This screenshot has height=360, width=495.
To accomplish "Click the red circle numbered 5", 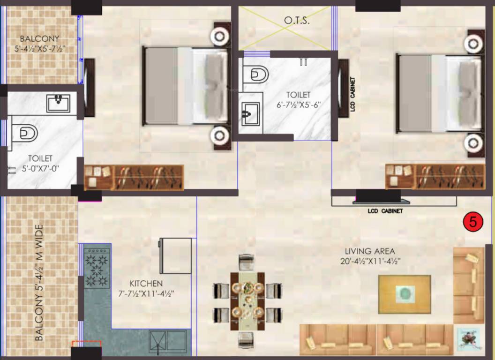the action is coord(473,222).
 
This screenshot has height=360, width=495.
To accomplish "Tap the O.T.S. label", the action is coord(297,21).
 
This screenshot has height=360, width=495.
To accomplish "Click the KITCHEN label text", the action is coord(146,283).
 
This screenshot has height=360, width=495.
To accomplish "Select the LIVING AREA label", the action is coord(370,251).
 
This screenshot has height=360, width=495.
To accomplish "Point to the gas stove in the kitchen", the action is coord(97,268).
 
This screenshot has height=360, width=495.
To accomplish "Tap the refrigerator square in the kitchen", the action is coord(175,256).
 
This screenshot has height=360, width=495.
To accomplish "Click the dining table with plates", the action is coord(247,301).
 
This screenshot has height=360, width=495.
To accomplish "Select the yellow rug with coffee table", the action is coord(405,294).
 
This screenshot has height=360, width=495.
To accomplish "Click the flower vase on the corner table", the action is coord(469,338).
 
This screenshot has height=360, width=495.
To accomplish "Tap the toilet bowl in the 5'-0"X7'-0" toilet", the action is coord(25,133).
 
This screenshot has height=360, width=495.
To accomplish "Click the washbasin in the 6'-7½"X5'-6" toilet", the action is coord(251,114).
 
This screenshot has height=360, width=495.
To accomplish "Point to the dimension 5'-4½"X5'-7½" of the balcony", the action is coord(40,49).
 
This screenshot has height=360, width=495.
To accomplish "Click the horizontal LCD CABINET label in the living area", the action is coord(385,211).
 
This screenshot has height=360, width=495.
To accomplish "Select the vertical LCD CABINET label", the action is coord(352,94).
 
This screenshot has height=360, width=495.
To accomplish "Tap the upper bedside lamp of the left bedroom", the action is coord(220,36).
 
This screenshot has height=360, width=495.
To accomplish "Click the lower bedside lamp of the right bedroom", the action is coord(473,143).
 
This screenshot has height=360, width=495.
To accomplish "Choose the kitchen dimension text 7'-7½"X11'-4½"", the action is coord(146,294).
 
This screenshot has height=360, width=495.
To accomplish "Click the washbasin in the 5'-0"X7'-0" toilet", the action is coord(59,103).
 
